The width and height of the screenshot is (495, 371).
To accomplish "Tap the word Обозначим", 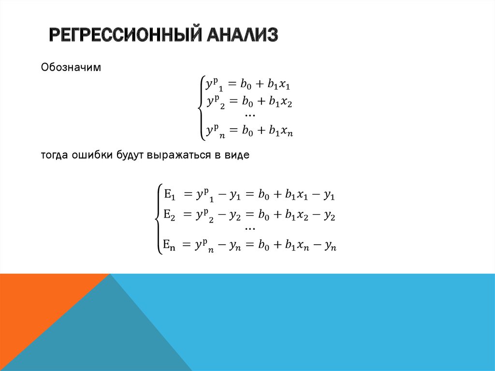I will [x=71, y=67].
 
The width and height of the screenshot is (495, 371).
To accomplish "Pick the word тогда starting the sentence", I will [x=54, y=155].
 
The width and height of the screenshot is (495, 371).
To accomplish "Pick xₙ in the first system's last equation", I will [x=287, y=131].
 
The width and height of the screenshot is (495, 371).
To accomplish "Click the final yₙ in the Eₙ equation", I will [x=330, y=246].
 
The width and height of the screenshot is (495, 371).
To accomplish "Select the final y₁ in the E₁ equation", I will [x=330, y=195].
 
